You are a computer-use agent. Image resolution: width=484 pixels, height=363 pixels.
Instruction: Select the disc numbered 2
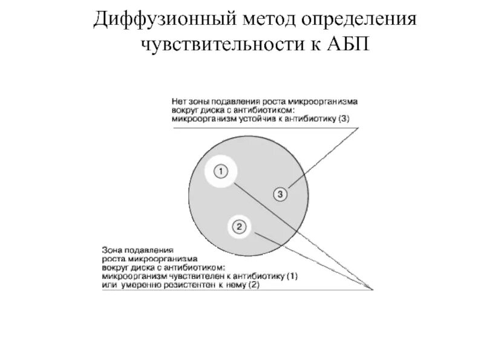pyautogui.click(x=239, y=227)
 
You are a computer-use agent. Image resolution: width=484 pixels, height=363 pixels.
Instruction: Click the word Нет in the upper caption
pyautogui.click(x=180, y=102)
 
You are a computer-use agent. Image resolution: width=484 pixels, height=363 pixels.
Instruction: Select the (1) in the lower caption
pyautogui.click(x=291, y=276)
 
